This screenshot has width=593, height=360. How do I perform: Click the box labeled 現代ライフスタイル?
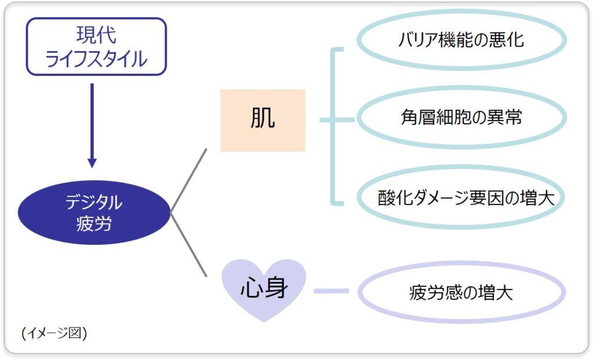click(x=96, y=46)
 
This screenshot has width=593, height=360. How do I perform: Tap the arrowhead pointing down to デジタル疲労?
click(x=91, y=161)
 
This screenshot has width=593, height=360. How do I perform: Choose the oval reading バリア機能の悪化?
click(x=461, y=40)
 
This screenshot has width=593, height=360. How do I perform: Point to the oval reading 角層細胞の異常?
click(x=461, y=117)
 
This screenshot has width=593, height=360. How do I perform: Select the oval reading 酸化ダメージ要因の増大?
click(x=461, y=197)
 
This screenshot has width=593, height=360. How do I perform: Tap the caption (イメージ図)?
click(x=53, y=333)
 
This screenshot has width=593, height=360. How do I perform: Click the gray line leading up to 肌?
click(x=189, y=180)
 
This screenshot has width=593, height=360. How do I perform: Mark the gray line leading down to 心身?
click(x=189, y=245)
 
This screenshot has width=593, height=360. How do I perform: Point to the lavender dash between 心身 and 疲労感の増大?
click(x=331, y=291)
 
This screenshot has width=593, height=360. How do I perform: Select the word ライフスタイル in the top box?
click(x=96, y=58)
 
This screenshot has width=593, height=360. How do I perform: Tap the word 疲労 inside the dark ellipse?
click(x=94, y=223)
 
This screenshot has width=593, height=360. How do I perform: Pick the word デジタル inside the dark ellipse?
click(x=94, y=203)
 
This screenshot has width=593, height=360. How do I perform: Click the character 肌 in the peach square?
click(x=262, y=119)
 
